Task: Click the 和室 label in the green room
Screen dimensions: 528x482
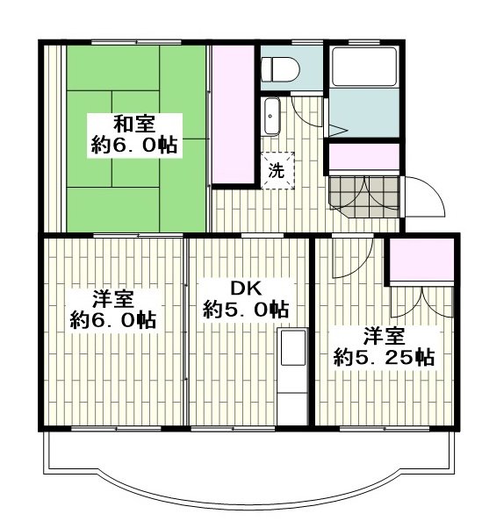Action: (x=133, y=123)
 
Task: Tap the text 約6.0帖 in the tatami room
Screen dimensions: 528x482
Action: (x=133, y=146)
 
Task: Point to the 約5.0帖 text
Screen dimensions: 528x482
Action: (x=246, y=310)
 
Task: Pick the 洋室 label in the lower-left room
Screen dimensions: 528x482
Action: (x=112, y=296)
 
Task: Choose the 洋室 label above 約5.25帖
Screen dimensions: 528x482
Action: (x=385, y=335)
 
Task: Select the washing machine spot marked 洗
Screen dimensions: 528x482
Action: (x=276, y=170)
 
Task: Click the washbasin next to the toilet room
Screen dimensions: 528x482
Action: (x=271, y=115)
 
